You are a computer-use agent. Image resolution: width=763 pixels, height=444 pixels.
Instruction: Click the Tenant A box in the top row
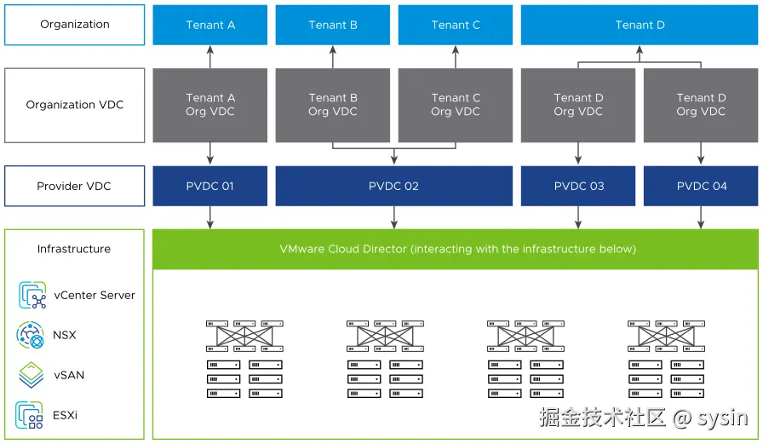[210, 25]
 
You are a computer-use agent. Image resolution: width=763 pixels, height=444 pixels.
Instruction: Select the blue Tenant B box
[333, 25]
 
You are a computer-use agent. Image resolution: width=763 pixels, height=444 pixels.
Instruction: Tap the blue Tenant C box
[456, 25]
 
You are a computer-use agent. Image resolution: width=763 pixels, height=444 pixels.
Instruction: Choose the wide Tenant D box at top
[640, 25]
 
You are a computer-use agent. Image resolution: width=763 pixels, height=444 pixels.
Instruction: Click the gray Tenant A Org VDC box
[210, 105]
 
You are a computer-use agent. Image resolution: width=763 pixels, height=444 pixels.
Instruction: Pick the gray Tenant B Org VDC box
[333, 105]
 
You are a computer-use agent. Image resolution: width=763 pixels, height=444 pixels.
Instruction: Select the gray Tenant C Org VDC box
[456, 105]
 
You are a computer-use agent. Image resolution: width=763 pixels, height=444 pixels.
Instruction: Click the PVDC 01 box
[210, 186]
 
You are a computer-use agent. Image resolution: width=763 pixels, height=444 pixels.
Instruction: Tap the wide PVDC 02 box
[393, 186]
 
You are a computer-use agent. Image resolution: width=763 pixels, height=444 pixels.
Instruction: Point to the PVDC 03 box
[578, 186]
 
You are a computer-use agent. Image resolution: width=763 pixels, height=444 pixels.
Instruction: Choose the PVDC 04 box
[701, 186]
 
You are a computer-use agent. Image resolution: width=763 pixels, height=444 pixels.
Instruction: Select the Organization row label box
[75, 25]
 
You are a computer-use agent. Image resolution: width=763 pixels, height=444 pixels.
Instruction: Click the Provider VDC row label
[75, 186]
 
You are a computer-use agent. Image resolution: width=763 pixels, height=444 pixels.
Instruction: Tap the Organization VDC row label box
[75, 105]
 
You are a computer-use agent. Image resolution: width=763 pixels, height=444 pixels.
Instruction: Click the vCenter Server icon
[32, 296]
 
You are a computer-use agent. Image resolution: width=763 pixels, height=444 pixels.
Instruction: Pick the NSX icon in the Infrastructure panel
[31, 335]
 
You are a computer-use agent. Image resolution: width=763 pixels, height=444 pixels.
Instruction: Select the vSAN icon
[32, 375]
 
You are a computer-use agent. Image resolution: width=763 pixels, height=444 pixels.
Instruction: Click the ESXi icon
[31, 415]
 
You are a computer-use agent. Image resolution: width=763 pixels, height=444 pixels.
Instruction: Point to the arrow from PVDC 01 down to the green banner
[210, 217]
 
